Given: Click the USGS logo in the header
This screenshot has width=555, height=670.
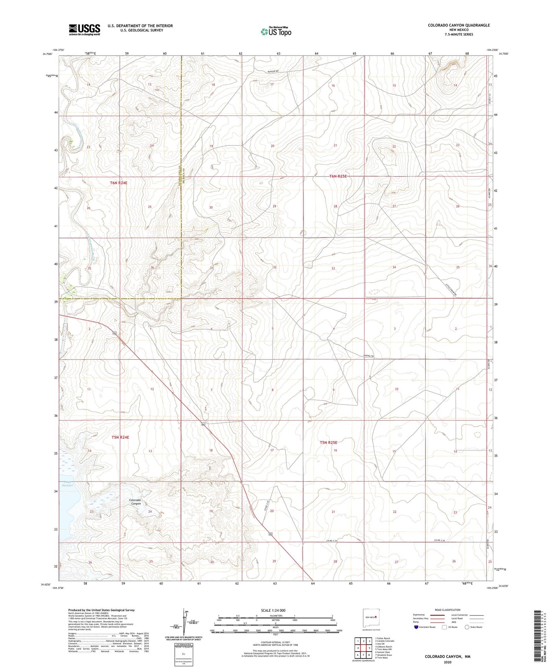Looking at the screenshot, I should pos(84,30).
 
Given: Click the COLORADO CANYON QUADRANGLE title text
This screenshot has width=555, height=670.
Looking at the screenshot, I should pos(459,25).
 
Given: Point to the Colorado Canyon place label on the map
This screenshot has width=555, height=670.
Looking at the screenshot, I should pos(135,502).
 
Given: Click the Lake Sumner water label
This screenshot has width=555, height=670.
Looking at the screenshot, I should pos(68,484).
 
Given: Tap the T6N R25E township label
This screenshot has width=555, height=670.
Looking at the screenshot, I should pos(338,177).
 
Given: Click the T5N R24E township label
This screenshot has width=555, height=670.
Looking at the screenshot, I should pos(120,437).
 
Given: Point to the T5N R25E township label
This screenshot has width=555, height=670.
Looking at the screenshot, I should pos(331,442).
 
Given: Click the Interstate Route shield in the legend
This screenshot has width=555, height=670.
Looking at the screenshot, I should pos(416,627).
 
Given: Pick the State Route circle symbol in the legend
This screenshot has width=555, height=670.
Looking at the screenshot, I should pos(467,627).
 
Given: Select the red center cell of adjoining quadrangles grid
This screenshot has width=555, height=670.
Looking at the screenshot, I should pos(363,647).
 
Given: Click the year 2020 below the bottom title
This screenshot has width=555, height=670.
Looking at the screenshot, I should pos(447,662).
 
